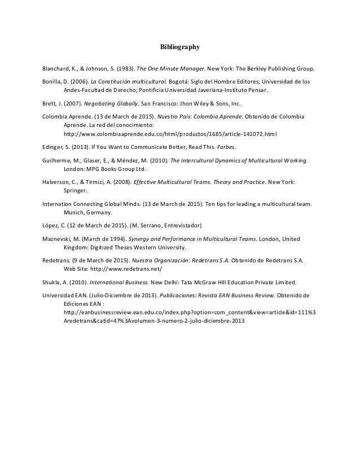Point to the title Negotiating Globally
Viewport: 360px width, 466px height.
point(112,104)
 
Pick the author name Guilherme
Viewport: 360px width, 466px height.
point(58,160)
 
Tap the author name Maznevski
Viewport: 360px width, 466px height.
point(59,239)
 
